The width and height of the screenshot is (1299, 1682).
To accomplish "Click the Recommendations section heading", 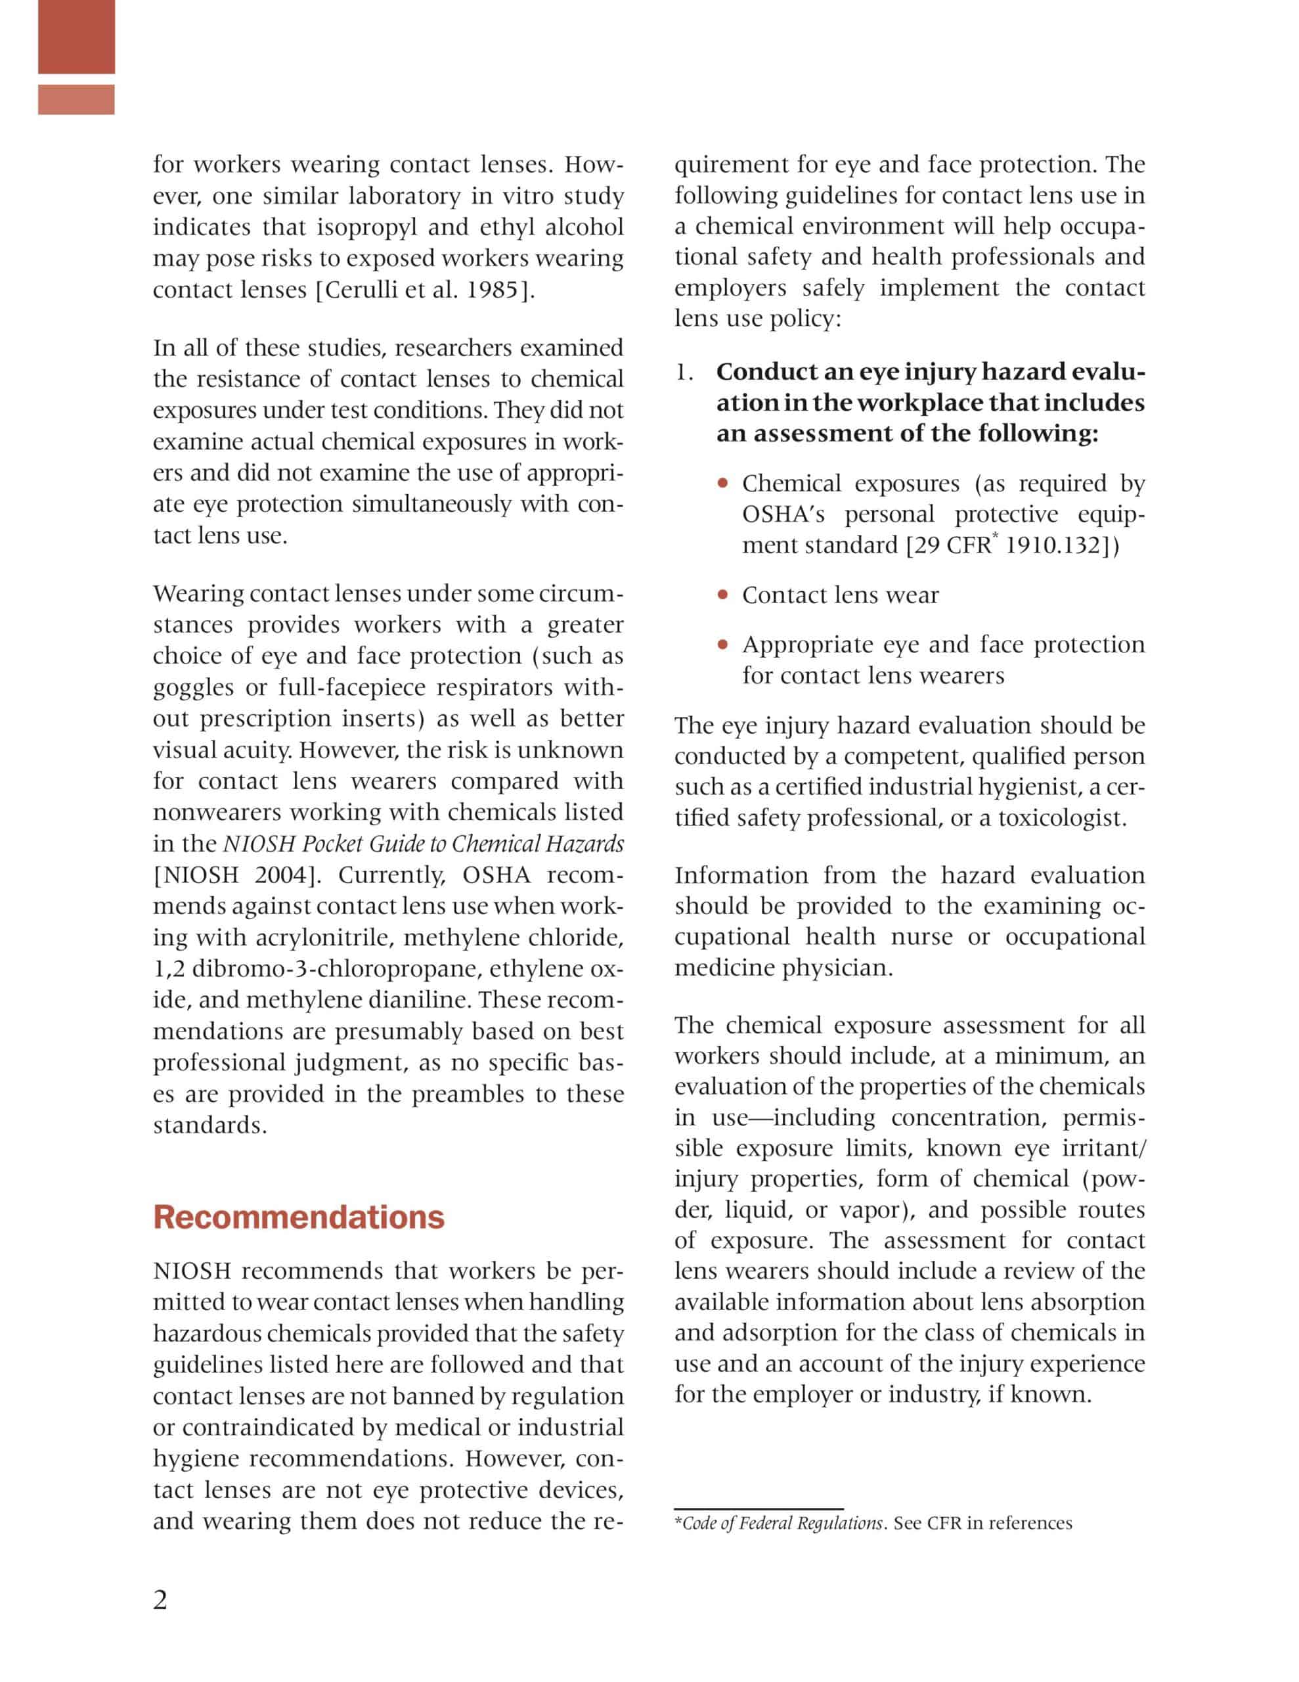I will click(x=299, y=1217).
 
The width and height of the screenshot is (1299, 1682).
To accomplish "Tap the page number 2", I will click(x=160, y=1600).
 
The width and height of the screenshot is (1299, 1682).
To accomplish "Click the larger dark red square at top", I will click(x=76, y=36).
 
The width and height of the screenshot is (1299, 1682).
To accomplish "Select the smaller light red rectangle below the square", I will click(x=76, y=99).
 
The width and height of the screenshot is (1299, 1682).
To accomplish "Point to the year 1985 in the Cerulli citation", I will click(x=493, y=290).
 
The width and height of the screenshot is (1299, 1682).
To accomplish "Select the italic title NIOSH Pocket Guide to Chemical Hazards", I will click(x=424, y=844).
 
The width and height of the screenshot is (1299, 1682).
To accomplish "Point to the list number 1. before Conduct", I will click(x=684, y=373).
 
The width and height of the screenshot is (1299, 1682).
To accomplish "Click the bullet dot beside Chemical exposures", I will click(x=722, y=484).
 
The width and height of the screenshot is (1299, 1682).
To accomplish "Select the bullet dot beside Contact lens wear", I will click(x=722, y=595).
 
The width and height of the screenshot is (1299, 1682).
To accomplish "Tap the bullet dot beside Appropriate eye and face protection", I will click(x=722, y=645).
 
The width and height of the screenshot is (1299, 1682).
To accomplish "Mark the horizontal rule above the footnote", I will click(x=759, y=1509).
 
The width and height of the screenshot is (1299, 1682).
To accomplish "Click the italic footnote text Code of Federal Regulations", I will click(x=782, y=1524).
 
